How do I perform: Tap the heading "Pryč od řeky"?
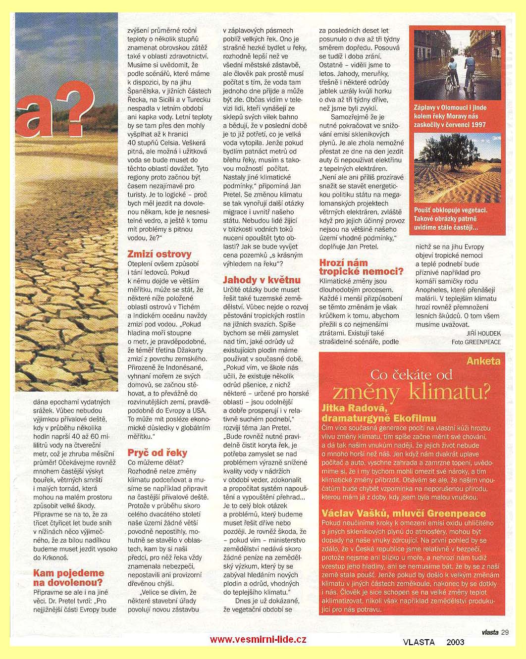click(157, 453)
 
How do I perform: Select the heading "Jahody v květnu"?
click(262, 280)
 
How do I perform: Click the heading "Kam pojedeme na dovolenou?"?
click(68, 577)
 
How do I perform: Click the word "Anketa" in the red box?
click(483, 361)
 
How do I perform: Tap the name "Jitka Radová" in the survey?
click(353, 408)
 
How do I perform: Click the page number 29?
click(505, 632)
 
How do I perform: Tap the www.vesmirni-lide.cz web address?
click(258, 639)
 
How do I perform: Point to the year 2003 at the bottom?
click(455, 642)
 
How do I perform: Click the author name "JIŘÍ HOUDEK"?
click(483, 333)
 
